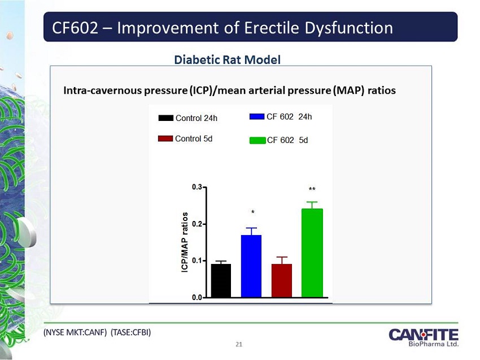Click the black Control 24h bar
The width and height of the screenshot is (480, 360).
(x=221, y=280)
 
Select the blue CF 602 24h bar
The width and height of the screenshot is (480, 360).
(x=251, y=266)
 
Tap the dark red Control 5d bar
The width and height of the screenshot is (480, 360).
(x=281, y=280)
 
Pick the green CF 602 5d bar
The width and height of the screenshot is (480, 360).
(x=312, y=253)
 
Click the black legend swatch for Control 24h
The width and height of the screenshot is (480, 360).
(x=165, y=118)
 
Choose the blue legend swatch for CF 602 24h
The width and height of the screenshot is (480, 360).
(x=257, y=117)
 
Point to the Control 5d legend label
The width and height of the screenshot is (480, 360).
(x=194, y=138)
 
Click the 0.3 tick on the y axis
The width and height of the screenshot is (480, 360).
(x=199, y=186)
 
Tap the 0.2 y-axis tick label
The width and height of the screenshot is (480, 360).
(x=199, y=224)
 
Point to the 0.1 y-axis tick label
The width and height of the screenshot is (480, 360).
(x=199, y=261)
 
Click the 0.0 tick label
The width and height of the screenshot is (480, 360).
(x=199, y=297)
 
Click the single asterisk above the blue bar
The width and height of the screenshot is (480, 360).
(x=252, y=213)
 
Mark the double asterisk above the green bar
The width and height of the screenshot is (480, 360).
(x=312, y=190)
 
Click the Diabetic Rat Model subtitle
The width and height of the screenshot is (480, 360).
(x=227, y=59)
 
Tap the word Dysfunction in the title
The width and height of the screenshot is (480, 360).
(x=337, y=27)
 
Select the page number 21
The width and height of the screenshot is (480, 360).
(x=239, y=344)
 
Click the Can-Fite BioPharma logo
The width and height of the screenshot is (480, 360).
(x=424, y=337)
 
